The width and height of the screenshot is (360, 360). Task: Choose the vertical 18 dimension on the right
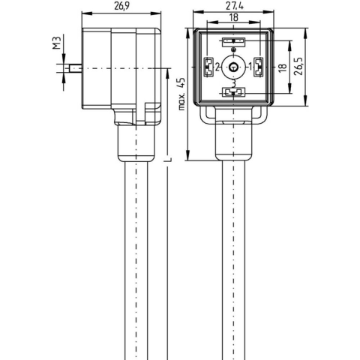[281, 67]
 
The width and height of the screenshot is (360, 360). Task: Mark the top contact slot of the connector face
[233, 43]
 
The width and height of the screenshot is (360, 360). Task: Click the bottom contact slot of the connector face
[233, 93]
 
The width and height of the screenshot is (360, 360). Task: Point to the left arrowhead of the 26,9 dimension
[82, 13]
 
